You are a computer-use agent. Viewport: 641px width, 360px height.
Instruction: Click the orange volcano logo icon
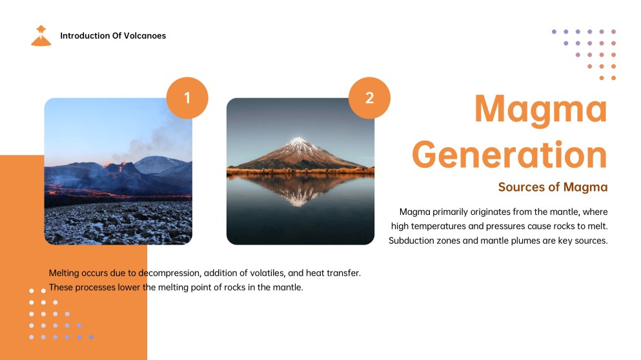[41, 36]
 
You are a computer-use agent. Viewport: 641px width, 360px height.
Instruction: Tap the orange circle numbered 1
[187, 97]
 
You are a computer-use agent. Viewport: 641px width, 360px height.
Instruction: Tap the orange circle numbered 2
[369, 97]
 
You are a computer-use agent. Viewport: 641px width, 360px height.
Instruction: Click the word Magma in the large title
[541, 108]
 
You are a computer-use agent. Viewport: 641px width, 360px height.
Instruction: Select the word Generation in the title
[509, 154]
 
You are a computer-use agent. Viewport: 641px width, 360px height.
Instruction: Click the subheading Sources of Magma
[553, 186]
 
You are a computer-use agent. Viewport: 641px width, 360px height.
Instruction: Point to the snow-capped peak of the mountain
[299, 142]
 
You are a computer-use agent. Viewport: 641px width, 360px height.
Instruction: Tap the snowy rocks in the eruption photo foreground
[118, 223]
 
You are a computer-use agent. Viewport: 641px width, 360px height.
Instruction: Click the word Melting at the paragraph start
[64, 273]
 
